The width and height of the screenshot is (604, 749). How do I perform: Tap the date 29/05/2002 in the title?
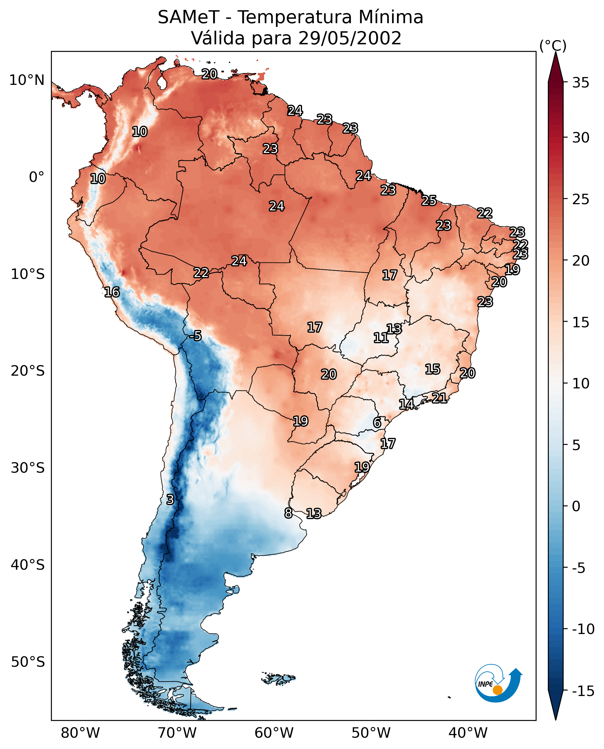pos(350,38)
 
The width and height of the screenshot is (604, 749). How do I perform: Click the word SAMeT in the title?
pos(188,17)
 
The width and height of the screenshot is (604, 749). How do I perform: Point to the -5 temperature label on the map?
pos(195,335)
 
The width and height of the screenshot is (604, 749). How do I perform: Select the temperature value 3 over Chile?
pos(170,499)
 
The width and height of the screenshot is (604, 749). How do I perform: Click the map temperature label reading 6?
pos(377,423)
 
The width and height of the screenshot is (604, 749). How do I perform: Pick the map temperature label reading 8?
pos(288,513)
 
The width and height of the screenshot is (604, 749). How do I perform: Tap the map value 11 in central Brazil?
pos(381,338)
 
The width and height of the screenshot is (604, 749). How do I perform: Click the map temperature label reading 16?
pos(112,292)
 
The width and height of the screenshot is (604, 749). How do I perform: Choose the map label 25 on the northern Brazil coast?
pos(429,200)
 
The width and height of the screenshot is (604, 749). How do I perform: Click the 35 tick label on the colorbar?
pos(581,83)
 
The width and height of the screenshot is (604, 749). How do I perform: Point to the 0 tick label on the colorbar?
pos(576,506)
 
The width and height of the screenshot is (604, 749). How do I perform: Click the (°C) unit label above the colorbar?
pos(553,45)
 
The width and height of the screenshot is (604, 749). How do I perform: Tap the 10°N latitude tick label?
pos(27,81)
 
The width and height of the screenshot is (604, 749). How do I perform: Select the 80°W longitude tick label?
pos(80,733)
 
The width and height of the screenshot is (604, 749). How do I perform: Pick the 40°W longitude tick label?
pos(468,733)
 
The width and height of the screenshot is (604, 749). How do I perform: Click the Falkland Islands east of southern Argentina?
pos(278,678)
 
